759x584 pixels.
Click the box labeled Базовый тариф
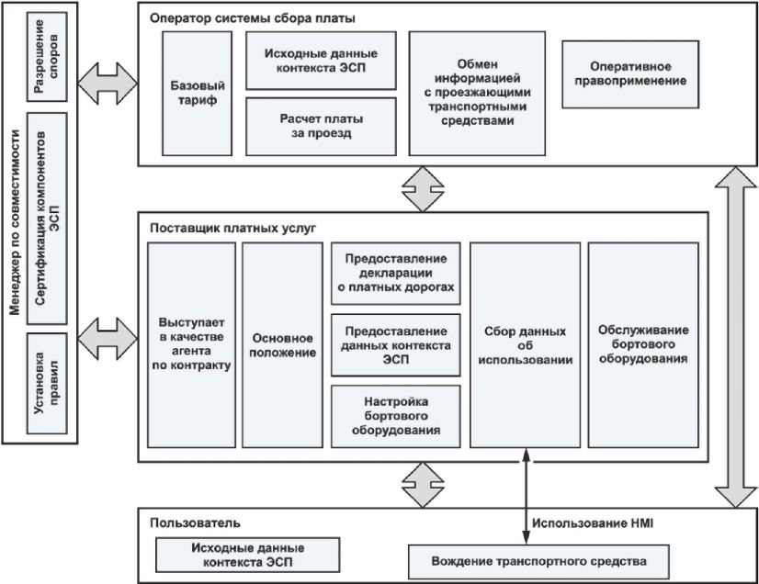(194, 92)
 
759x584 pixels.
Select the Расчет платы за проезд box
(321, 126)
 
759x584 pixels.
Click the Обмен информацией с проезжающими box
(470, 92)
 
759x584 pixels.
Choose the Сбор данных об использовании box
(524, 344)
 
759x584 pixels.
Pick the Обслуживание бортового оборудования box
(643, 344)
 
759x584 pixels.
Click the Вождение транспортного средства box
(538, 559)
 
